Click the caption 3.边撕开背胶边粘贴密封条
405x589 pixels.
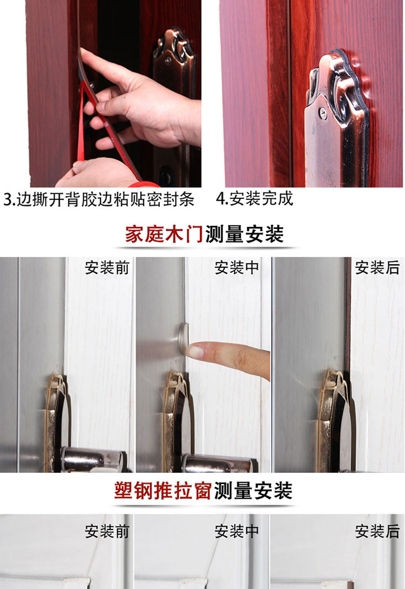pyautogui.click(x=99, y=199)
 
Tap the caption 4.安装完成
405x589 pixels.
pyautogui.click(x=254, y=199)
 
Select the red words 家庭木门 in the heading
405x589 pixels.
pyautogui.click(x=164, y=235)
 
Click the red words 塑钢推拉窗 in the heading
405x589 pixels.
pyautogui.click(x=163, y=491)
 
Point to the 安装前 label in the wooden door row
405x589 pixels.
pyautogui.click(x=107, y=268)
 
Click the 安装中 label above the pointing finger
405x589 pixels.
pyautogui.click(x=237, y=268)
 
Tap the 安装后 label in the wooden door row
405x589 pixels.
pyautogui.click(x=377, y=268)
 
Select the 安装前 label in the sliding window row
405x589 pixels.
pyautogui.click(x=107, y=532)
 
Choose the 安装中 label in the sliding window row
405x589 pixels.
pyautogui.click(x=237, y=532)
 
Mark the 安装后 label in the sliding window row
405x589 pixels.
pyautogui.click(x=377, y=532)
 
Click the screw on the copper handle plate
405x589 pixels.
pyautogui.click(x=322, y=111)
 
